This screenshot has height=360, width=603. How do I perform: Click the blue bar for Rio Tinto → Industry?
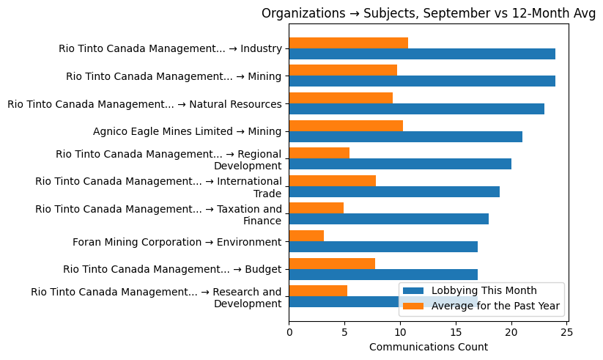[x=422, y=54]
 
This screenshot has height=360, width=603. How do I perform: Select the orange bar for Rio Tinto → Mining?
[x=343, y=70]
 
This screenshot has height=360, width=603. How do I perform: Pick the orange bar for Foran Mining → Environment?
[x=306, y=236]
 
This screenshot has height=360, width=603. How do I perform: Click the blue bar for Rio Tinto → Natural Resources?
[x=416, y=109]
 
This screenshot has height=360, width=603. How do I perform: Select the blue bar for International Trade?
[x=394, y=191]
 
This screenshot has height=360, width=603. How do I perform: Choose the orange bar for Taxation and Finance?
[x=316, y=208]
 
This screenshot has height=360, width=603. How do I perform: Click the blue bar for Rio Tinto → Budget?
[x=383, y=274]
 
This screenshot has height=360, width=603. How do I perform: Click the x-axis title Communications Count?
[x=428, y=347]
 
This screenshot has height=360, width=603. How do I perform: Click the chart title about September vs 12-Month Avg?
[x=428, y=14]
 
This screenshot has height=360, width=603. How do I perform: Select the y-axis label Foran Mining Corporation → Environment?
[x=177, y=242]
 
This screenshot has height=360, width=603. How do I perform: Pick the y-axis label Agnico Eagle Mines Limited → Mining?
[x=187, y=132]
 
